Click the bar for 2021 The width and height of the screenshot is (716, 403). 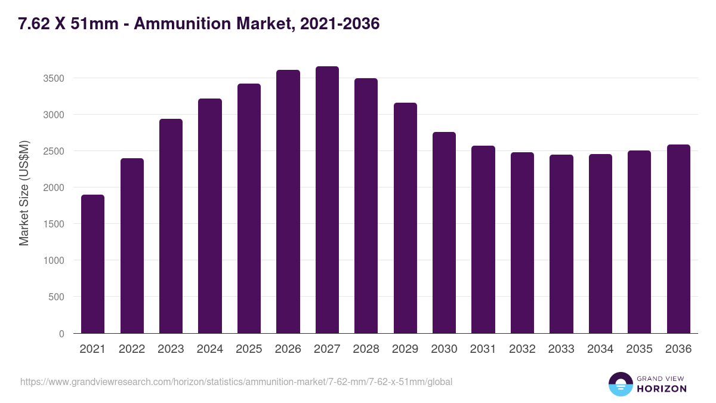(92, 264)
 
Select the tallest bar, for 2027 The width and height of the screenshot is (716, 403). (327, 199)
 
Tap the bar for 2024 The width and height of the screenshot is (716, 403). (210, 216)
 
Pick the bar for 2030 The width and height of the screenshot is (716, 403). (444, 232)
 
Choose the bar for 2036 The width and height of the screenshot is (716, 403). (678, 239)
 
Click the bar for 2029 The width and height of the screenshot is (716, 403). (405, 218)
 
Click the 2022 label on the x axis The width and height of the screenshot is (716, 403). (131, 349)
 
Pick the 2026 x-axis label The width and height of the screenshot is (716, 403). (288, 349)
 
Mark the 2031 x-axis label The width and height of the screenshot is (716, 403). (483, 349)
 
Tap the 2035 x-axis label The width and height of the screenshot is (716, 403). (639, 349)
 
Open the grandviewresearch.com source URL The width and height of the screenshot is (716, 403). (236, 382)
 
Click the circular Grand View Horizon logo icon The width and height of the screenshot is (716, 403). (620, 384)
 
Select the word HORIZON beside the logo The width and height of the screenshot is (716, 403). (662, 389)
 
